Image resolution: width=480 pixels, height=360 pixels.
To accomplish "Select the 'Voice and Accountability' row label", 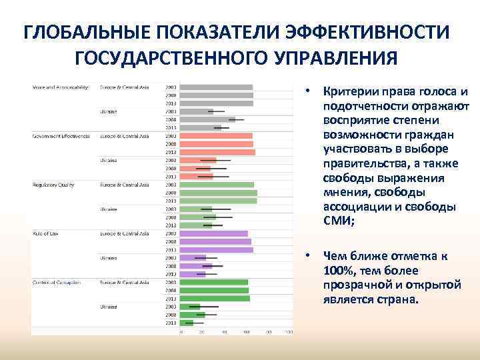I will coord(60,87).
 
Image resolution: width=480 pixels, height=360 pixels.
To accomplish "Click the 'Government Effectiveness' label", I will coord(61,136).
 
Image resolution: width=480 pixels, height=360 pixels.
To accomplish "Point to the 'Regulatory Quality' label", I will coord(54,185).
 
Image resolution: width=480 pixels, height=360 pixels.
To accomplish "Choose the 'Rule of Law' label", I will coord(47,233).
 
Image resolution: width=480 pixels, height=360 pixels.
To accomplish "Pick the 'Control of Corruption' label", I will coord(57,282).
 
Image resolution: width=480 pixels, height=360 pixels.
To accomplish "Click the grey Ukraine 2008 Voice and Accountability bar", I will coord(207,119).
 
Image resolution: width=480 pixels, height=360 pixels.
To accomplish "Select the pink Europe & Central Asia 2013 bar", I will coord(217,152).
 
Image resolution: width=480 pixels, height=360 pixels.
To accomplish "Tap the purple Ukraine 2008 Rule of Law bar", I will coord(196,266).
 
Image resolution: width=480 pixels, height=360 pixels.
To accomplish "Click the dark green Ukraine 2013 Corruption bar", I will coord(187,323).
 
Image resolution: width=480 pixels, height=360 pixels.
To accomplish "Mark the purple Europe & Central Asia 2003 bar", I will coord(214,233).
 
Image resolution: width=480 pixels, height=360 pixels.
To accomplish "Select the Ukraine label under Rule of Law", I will coord(109,257).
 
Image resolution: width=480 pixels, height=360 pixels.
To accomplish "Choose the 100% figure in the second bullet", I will coord(337,270).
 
